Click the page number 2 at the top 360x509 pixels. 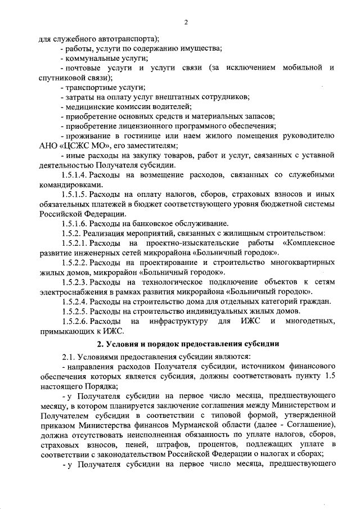coord(184,22)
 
